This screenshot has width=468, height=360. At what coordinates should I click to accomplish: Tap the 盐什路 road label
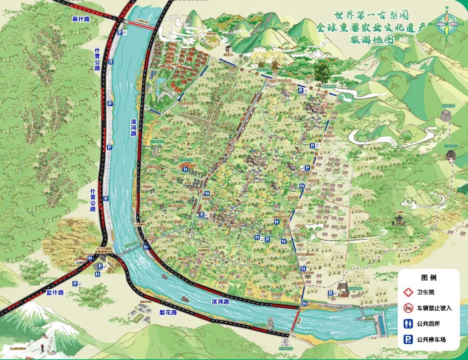(55, 293)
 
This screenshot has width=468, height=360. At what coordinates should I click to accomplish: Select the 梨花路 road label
(168, 312)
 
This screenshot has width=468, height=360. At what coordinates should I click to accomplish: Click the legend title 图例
(429, 278)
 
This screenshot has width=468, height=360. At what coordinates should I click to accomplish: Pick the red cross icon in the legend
(408, 292)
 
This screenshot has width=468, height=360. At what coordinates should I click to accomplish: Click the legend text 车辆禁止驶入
(434, 308)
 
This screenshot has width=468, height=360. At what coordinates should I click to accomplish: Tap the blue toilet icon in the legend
(408, 324)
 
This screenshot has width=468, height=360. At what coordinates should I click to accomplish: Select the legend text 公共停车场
(431, 340)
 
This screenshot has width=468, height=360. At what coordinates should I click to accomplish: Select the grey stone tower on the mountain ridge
(445, 115)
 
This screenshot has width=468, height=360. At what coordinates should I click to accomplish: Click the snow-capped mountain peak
(32, 309)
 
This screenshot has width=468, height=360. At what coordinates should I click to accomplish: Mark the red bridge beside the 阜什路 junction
(140, 26)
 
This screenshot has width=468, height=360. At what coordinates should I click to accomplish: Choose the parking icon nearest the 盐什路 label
(75, 283)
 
